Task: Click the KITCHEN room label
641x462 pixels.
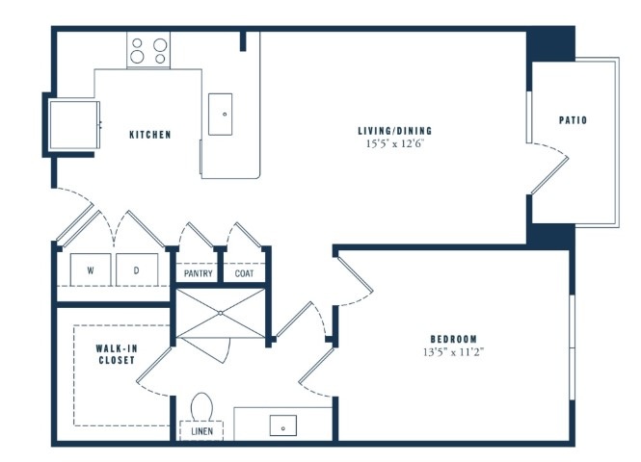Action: coord(150,135)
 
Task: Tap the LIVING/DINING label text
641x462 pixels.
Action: coord(395,131)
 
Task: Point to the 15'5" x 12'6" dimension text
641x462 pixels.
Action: coord(395,143)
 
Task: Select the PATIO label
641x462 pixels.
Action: coord(573,120)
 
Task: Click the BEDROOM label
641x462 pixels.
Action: coord(454,339)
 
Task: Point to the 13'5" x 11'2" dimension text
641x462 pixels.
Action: coord(454,352)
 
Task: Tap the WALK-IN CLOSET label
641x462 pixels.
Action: coord(117,354)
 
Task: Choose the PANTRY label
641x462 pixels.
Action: coord(199,273)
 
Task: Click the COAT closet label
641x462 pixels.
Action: coord(244,273)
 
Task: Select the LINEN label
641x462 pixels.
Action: coord(202,431)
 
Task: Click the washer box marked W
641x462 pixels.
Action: coord(91,269)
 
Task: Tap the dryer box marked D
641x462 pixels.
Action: coord(137,269)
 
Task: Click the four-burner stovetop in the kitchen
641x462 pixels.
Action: coord(148,50)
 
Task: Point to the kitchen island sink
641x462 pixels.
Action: coord(221,115)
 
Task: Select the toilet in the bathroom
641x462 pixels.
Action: coord(201,406)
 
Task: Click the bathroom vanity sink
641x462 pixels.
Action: coord(282,425)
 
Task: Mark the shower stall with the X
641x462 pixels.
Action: coord(221,313)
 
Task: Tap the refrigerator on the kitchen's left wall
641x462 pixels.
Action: coord(74,125)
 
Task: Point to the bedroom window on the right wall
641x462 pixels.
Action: coord(573,346)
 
